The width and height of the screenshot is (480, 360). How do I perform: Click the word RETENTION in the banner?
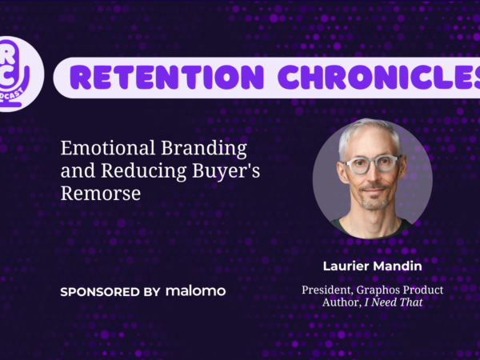coord(167,77)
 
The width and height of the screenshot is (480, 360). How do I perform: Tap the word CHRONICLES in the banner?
coord(379,77)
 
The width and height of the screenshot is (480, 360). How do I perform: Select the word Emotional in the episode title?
coord(108,148)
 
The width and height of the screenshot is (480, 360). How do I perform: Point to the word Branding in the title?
coord(204,149)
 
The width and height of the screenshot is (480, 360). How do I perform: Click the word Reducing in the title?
coord(143,171)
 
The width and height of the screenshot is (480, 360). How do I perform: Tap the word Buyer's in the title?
coord(226,171)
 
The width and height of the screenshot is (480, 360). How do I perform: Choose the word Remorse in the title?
coord(101,193)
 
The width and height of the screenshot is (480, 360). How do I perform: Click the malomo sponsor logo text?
coord(196,291)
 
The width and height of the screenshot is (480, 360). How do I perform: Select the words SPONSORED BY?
coord(110,292)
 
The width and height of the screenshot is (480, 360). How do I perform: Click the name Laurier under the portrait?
coord(346,266)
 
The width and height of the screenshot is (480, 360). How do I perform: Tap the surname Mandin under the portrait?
coord(398,266)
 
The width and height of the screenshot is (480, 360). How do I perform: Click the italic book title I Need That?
coord(394,302)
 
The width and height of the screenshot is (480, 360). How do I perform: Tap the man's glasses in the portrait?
coord(372,164)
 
